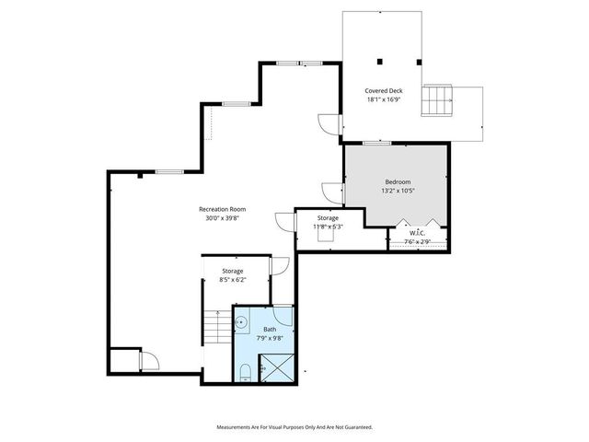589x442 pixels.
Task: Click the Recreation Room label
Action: coord(222,209)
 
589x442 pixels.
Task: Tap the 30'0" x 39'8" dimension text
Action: coord(222,219)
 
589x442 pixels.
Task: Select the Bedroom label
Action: coord(398,181)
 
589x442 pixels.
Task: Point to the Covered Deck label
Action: coord(384,91)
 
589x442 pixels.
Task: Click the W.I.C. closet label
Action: coord(419,232)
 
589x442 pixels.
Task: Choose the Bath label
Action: coord(269,329)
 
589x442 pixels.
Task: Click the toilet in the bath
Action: coord(245,371)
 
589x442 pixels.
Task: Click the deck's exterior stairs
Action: coord(436,99)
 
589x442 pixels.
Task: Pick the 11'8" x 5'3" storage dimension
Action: coord(327,227)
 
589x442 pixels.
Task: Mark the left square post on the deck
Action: coord(378,62)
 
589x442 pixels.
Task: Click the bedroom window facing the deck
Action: coord(374,143)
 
